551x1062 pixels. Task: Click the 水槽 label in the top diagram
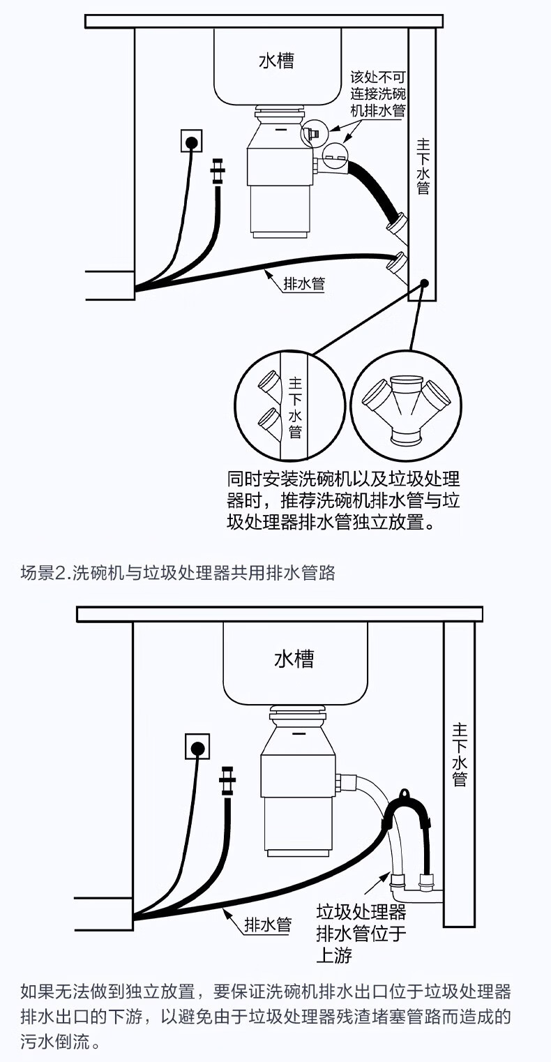[x=277, y=60]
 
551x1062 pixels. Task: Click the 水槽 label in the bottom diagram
[x=294, y=659]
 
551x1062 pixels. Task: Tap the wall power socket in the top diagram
[x=191, y=141]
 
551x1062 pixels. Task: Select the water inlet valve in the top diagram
[x=218, y=171]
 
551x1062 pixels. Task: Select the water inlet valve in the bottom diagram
[x=227, y=780]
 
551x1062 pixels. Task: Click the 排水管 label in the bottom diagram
[x=268, y=925]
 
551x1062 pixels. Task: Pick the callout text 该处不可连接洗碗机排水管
[x=377, y=94]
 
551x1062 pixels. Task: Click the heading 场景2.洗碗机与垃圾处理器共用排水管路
[x=178, y=573]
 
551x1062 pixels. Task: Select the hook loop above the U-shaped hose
[x=404, y=793]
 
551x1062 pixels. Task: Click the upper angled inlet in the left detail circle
[x=269, y=381]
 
